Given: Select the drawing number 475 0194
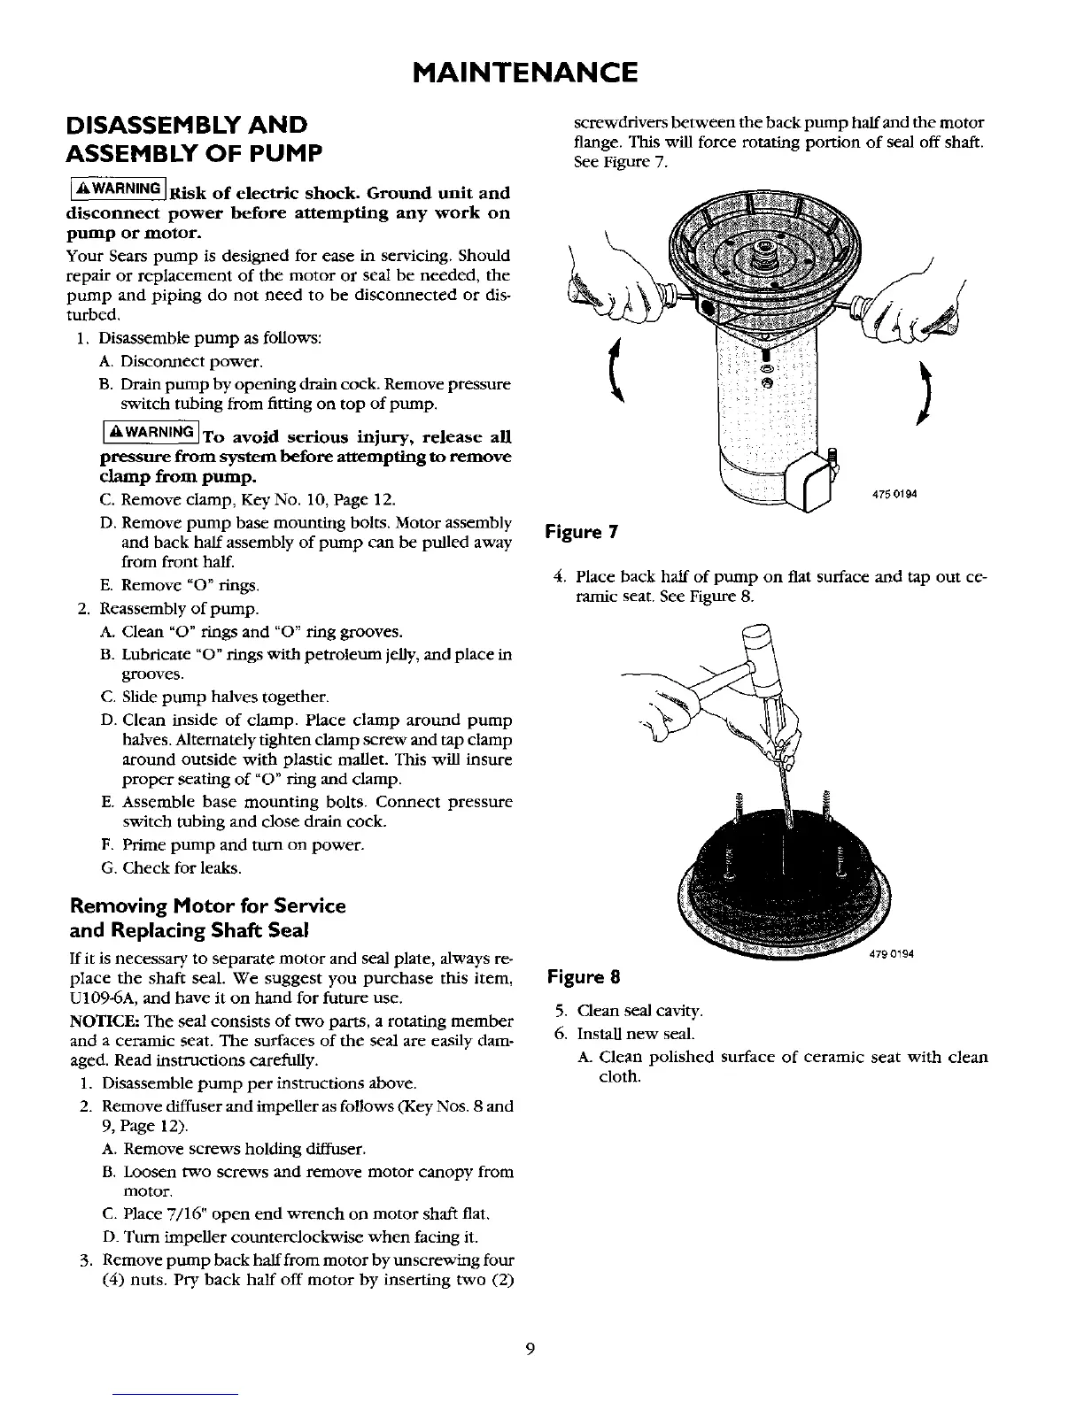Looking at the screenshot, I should coord(892,495).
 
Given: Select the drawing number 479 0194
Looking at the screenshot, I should coord(892,954).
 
